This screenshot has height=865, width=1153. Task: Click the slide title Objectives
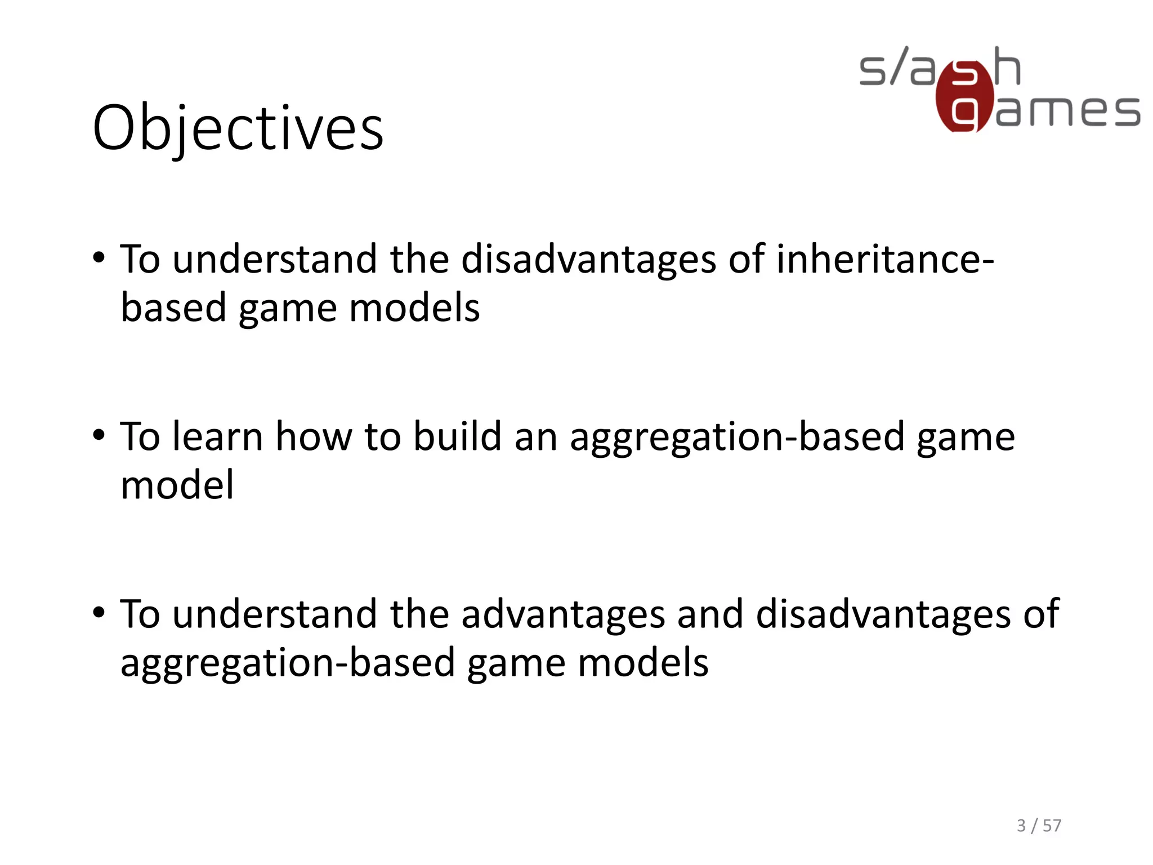[238, 128]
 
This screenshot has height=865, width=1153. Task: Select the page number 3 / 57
[1039, 826]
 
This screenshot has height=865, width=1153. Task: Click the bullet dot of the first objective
[99, 259]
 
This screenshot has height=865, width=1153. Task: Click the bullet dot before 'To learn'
[99, 436]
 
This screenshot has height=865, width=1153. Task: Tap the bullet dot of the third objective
[99, 613]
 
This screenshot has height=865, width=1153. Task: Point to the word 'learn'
[218, 436]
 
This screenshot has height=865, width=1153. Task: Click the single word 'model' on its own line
[177, 485]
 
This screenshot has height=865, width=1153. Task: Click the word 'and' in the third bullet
[710, 614]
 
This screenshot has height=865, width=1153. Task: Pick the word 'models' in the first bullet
[414, 308]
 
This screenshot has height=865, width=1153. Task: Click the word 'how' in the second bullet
[314, 436]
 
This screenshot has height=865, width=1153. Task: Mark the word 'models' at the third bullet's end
[643, 663]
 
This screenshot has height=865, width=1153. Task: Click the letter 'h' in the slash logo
[1007, 66]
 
